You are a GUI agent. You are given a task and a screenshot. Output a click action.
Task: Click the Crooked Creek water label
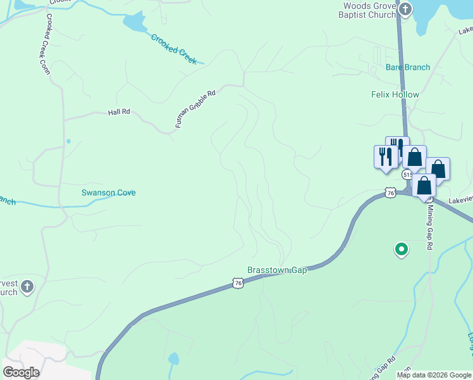174,47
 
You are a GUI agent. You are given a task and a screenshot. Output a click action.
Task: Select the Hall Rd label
119,112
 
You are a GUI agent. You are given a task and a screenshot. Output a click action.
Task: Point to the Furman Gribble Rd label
195,109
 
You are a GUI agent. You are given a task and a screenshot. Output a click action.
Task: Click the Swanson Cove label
108,193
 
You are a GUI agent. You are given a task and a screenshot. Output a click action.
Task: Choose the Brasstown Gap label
277,270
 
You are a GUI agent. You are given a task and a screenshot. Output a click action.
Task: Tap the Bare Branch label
408,67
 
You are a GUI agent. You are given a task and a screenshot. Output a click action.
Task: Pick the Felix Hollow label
395,94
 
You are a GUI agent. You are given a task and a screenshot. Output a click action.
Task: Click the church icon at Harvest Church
27,288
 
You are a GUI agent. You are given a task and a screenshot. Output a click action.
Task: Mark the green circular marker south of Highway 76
400,250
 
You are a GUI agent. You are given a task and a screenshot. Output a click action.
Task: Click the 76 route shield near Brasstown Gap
237,283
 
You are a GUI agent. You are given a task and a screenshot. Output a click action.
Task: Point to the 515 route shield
407,174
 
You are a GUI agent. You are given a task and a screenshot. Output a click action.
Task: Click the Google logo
21,372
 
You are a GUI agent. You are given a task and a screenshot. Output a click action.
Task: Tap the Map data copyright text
434,375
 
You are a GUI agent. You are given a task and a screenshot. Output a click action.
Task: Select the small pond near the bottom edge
173,358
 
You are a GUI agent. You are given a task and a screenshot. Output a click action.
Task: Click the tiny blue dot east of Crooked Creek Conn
68,141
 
